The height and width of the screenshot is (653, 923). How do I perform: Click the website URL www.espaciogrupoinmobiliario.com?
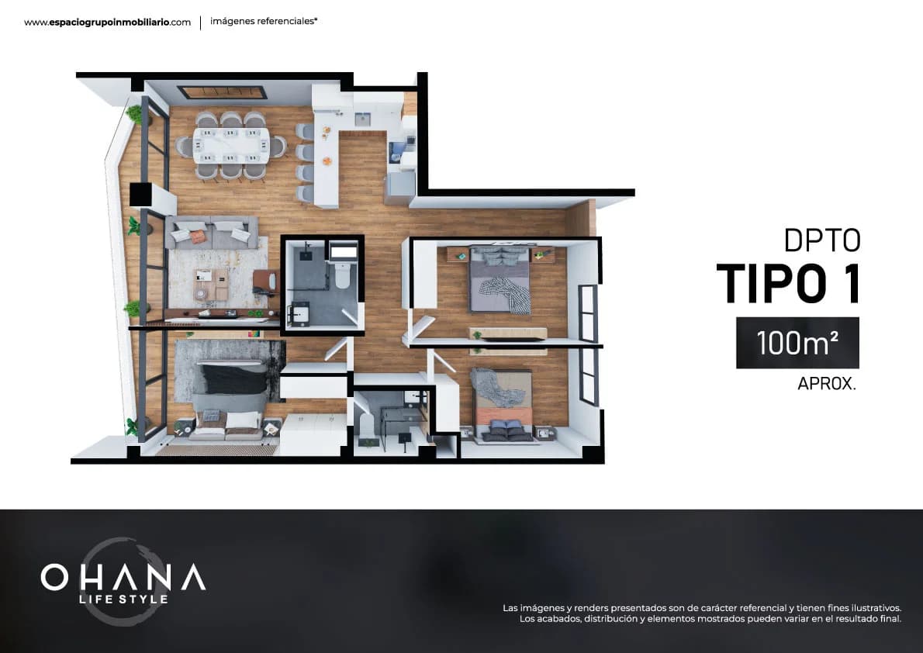[x=107, y=22]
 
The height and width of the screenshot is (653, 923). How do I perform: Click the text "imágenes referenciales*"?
[x=264, y=22]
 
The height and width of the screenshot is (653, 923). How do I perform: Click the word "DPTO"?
[x=822, y=240]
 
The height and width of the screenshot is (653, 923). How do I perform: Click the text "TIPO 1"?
[x=787, y=283]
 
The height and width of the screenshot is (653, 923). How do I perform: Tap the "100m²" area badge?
[x=797, y=343]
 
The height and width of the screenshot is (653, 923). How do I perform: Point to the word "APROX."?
[x=827, y=384]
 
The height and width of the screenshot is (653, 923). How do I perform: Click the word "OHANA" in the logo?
[x=123, y=577]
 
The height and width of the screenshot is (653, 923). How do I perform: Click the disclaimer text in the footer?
[x=701, y=613]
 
